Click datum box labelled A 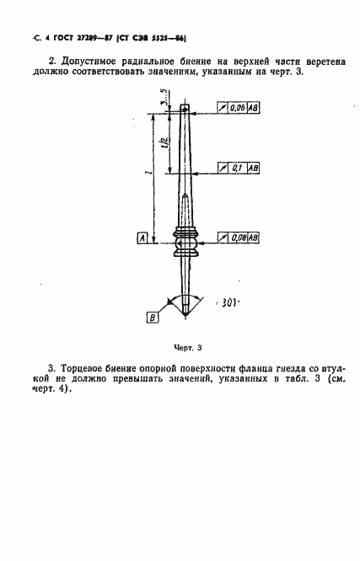coord(142,239)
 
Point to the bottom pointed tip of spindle coord(185,314)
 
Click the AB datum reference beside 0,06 coord(254,109)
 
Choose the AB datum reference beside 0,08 coord(254,238)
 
